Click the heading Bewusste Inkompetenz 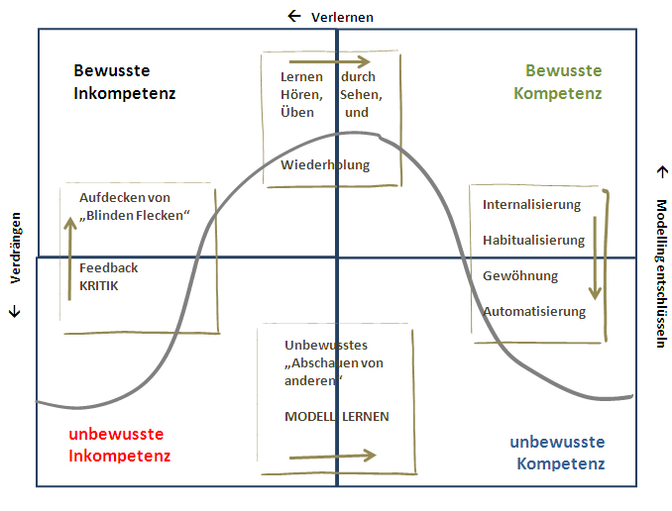tap(125, 82)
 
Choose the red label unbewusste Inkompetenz tap(119, 445)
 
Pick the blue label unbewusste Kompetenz tap(557, 453)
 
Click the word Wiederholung tap(325, 165)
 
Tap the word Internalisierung tap(531, 205)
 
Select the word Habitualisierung tap(533, 240)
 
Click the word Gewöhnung tap(521, 275)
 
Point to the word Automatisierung tap(534, 311)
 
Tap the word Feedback tap(108, 267)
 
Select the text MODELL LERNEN tap(337, 416)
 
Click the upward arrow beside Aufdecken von tap(70, 239)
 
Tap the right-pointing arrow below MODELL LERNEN tap(333, 456)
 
